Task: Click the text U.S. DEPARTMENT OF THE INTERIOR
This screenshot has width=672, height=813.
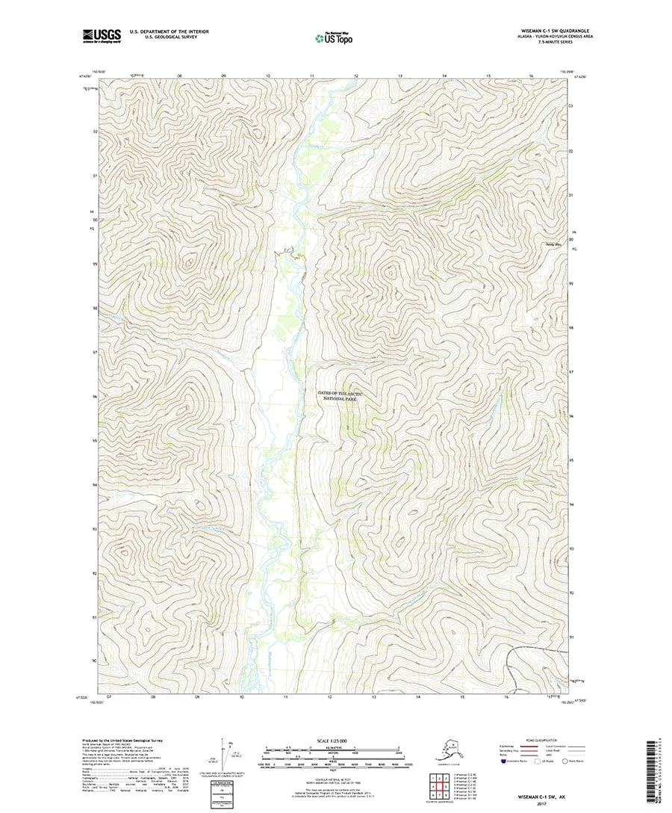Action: click(169, 31)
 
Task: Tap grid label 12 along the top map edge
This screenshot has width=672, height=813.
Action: click(356, 76)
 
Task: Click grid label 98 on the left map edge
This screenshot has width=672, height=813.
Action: click(95, 308)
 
